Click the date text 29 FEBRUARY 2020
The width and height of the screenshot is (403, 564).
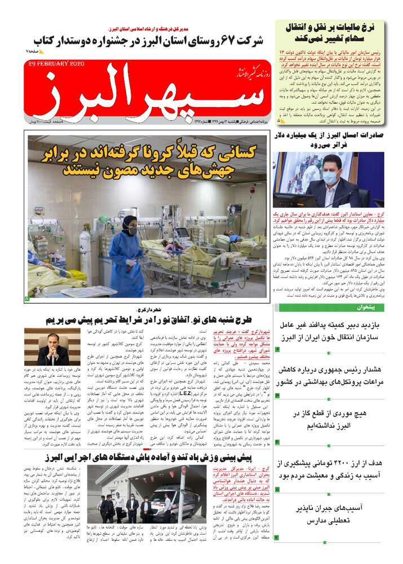[x=56, y=64]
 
